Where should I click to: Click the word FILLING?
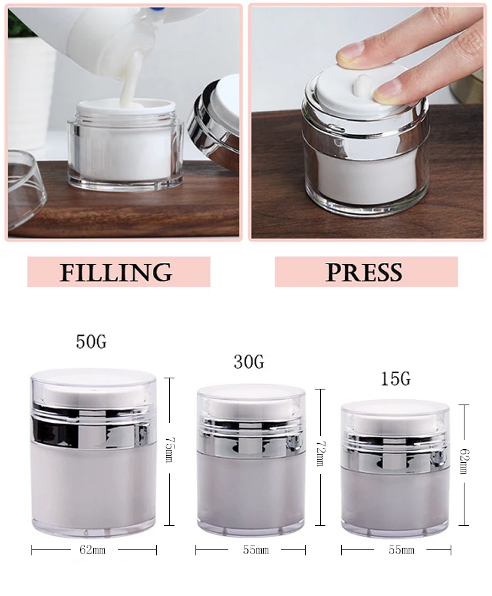click(116, 271)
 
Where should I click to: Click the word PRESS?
click(364, 271)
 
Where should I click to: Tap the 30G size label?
click(249, 361)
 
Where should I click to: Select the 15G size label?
click(395, 379)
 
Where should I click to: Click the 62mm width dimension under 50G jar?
click(92, 550)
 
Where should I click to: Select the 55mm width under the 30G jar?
click(251, 550)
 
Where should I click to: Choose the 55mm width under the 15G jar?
click(396, 550)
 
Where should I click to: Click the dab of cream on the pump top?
click(362, 83)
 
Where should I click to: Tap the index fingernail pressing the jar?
click(352, 50)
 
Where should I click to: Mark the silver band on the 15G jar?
click(396, 457)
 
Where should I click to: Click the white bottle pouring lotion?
click(118, 33)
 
